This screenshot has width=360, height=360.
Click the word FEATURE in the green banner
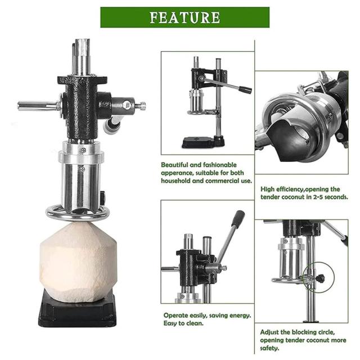(x=185, y=17)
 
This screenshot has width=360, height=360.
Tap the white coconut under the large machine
(x=79, y=262)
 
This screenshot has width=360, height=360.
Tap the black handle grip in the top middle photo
(x=245, y=89)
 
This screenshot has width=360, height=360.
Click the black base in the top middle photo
(x=203, y=142)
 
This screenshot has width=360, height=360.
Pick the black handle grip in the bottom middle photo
(x=237, y=219)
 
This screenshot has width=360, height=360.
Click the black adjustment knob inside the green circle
(x=320, y=278)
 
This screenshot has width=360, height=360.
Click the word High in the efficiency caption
(x=268, y=190)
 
